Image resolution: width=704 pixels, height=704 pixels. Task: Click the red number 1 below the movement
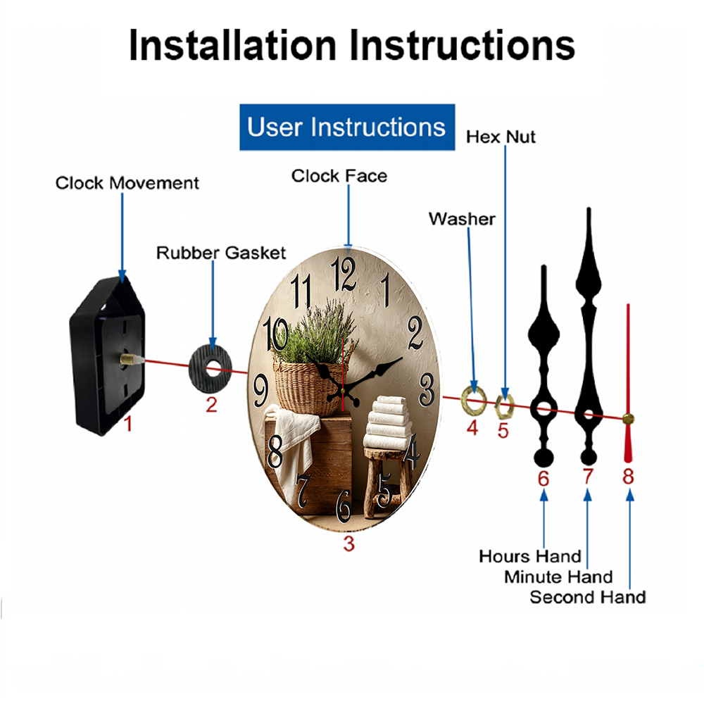128,424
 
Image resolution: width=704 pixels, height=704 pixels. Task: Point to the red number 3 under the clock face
349,543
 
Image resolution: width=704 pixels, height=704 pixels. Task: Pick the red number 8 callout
628,477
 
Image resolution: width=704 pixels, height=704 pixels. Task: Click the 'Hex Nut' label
501,137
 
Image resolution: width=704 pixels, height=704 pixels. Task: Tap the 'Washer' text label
462,219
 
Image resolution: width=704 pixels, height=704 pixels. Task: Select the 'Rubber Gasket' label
221,253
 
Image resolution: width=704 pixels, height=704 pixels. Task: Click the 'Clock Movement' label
127,183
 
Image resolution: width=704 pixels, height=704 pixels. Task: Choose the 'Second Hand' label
588,597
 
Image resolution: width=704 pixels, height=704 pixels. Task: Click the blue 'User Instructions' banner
347,127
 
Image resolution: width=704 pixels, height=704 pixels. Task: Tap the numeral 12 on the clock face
344,273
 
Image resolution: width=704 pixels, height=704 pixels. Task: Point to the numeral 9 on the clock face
261,391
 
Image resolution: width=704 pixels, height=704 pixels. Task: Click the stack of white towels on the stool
388,422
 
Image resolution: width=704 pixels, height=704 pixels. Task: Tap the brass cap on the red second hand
628,419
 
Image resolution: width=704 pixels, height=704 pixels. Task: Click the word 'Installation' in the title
232,45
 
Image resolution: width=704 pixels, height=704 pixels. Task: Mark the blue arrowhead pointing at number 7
587,495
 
